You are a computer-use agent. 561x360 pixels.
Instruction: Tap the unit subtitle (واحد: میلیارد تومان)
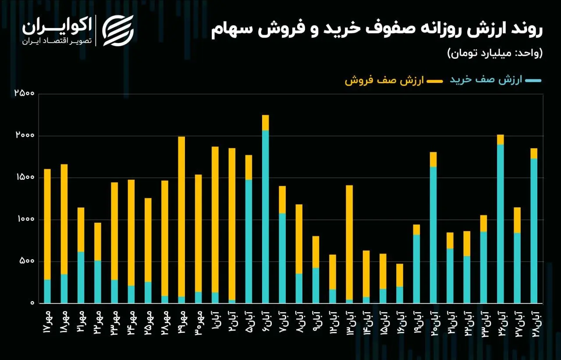494,53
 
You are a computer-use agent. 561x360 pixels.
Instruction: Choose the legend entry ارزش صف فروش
384,81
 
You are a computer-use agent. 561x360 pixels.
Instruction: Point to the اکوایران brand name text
57,26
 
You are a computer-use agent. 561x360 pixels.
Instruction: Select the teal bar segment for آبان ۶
265,217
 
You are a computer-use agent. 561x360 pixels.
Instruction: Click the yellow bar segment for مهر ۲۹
181,217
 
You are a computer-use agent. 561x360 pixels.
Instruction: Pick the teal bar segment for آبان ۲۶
501,224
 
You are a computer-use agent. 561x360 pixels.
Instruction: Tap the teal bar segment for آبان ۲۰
433,235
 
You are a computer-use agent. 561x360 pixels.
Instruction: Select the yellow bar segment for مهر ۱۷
47,224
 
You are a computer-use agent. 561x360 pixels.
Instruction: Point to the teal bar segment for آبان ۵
249,241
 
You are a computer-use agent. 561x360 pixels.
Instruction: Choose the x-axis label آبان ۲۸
534,323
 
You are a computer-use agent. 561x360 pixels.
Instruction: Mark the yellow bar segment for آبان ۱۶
400,275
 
